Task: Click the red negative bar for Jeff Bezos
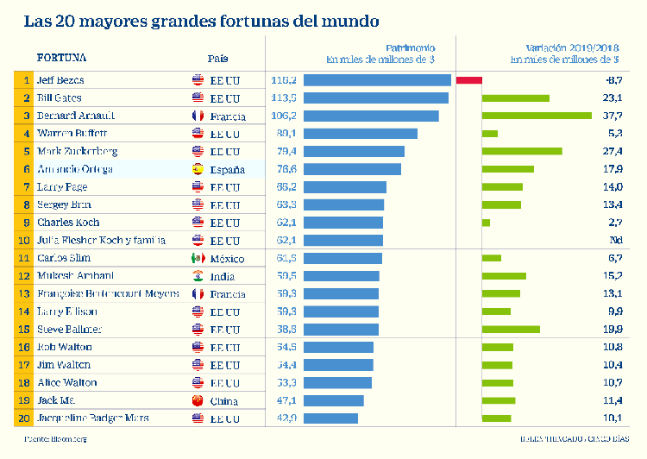pos(469,80)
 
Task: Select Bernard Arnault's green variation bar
pos(537,116)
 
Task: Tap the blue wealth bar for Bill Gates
pos(376,98)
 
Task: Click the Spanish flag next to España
pos(198,169)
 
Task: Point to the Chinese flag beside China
pos(198,400)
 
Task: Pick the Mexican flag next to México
pos(198,258)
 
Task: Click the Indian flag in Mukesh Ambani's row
pos(198,276)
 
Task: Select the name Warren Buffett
pos(72,134)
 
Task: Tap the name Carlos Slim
pos(64,258)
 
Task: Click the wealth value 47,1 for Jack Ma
pos(284,400)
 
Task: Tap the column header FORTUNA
pos(61,58)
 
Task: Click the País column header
pos(217,58)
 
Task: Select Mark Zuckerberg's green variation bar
pos(522,151)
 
